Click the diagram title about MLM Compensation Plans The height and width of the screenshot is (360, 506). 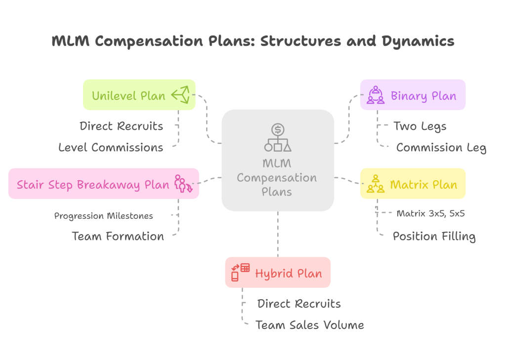[253, 41]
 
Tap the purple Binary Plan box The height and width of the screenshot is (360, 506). [413, 95]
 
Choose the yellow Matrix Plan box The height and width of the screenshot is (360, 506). [413, 184]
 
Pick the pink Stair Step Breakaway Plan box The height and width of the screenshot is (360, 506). [103, 184]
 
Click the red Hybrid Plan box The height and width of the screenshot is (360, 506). [278, 273]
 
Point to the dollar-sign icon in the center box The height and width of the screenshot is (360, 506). [278, 130]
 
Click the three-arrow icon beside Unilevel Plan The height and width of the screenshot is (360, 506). [180, 95]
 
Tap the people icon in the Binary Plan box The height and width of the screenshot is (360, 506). [376, 95]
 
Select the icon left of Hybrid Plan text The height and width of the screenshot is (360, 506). [241, 273]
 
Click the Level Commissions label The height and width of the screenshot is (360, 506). [111, 147]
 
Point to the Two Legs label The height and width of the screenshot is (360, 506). [420, 126]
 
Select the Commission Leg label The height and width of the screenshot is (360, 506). [441, 147]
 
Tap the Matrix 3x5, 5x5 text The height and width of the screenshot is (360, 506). [430, 214]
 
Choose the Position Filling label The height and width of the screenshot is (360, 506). [434, 236]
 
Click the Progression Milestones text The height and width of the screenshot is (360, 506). [103, 216]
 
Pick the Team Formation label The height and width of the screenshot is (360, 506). [118, 236]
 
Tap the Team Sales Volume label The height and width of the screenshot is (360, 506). [309, 324]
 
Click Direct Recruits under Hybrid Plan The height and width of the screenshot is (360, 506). [299, 303]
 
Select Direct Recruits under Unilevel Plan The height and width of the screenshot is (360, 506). [121, 126]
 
